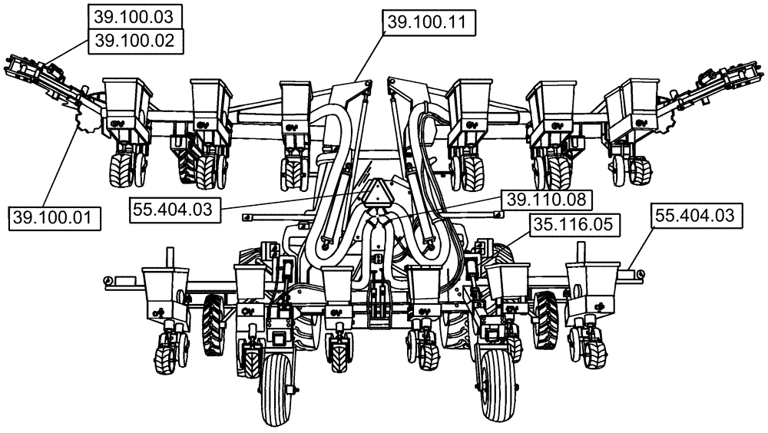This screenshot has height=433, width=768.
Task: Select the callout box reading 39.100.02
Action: [136, 41]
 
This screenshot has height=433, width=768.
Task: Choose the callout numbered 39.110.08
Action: [546, 200]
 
